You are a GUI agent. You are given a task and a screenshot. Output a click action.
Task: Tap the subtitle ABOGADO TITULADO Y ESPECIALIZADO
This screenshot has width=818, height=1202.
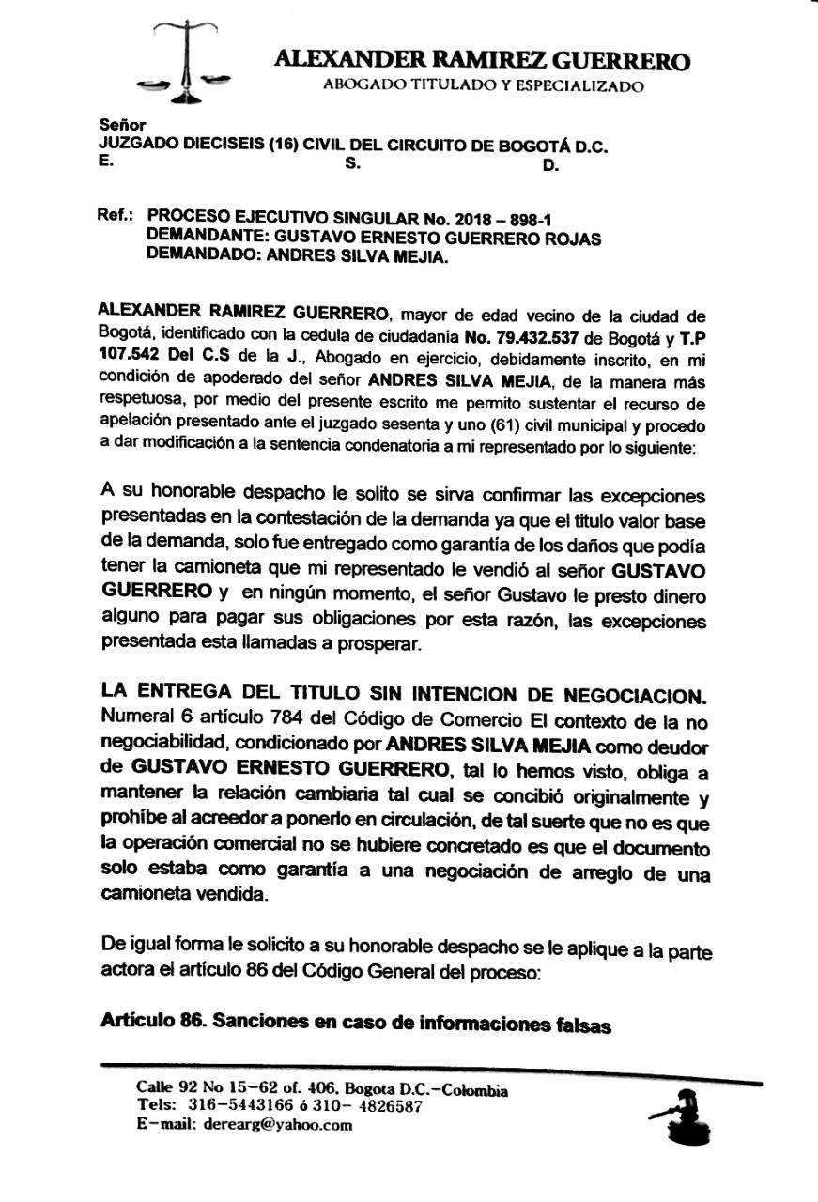pos(483,87)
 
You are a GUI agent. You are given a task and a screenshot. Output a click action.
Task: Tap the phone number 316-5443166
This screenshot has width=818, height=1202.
pos(235,1107)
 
